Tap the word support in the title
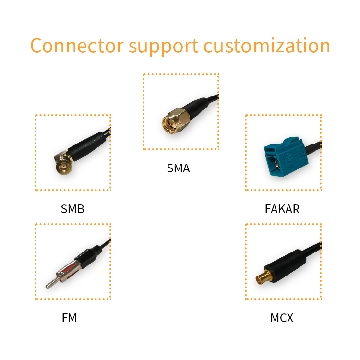[163, 47]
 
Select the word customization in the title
[267, 46]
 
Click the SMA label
[178, 168]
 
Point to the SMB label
[72, 209]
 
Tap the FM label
[69, 318]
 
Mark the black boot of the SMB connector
[86, 144]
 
